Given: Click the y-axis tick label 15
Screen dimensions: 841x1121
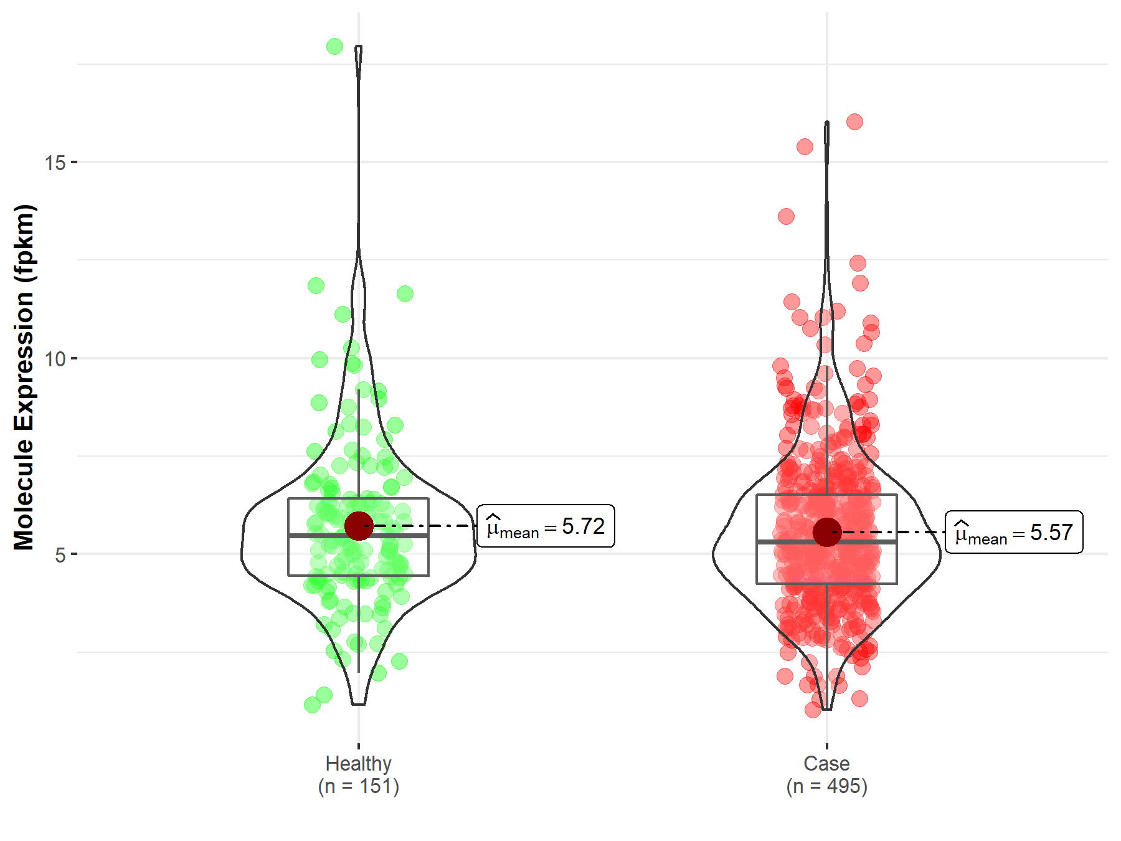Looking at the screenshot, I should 55,163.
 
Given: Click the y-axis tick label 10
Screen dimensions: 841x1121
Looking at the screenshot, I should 55,359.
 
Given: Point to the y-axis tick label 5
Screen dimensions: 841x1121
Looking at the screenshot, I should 60,554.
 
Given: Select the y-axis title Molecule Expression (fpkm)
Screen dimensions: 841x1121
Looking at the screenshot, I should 24,377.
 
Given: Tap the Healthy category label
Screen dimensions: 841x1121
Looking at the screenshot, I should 358,763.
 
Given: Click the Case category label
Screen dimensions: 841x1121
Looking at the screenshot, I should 826,763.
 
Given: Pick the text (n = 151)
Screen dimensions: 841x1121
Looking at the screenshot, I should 358,786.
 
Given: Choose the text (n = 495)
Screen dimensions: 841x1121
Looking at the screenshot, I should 826,786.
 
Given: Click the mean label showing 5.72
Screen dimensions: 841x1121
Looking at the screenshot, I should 546,526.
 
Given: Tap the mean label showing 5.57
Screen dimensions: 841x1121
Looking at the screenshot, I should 1014,533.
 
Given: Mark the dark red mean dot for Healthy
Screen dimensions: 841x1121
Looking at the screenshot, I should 359,526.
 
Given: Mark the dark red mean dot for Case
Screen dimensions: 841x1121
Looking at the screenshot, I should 827,532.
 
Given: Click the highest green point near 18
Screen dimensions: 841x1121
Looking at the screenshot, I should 334,46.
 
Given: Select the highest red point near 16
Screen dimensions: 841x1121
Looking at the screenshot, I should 854,121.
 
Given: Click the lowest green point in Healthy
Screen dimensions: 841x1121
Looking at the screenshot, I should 312,705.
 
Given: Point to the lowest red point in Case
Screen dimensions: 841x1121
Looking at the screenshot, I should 813,710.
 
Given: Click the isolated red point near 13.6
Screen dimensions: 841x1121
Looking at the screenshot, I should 786,216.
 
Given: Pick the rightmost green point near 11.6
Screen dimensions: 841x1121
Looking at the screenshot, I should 405,293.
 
